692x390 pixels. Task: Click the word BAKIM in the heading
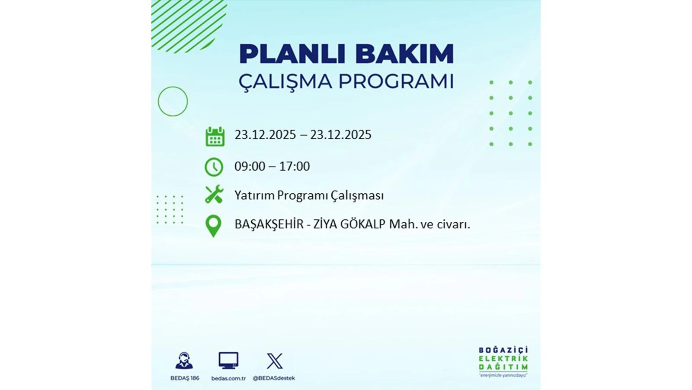point(404,54)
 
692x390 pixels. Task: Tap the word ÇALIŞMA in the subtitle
point(285,81)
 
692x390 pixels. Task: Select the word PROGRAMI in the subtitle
point(396,81)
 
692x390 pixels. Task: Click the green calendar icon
point(215,136)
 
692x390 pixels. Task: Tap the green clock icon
point(214,167)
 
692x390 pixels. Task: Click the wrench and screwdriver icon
point(214,195)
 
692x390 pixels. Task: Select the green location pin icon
point(213,226)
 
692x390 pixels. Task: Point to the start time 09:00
point(250,166)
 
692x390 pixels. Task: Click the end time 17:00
point(295,166)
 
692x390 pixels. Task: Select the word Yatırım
point(254,195)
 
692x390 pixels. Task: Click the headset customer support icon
point(184,361)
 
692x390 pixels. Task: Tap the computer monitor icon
point(228,361)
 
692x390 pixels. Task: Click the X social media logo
point(274,361)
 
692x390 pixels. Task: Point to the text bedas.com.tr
point(228,378)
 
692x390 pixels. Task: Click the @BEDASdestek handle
point(274,378)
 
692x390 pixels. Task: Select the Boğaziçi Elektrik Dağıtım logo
point(503,361)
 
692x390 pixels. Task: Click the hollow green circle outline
point(173,101)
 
